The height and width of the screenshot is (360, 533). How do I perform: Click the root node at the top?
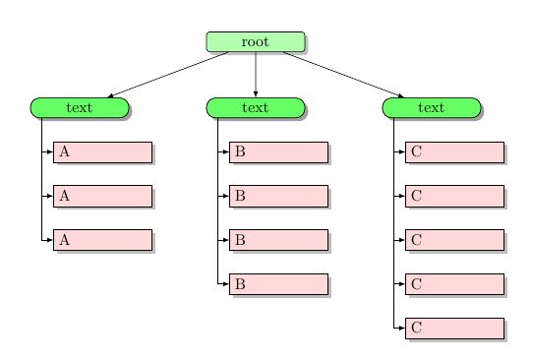[256, 41]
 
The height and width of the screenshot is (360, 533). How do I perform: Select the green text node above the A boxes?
[80, 107]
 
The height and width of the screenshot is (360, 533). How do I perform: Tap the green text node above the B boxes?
[256, 107]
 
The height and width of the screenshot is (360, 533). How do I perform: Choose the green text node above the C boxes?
[431, 107]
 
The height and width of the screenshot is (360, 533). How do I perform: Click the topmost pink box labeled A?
[102, 151]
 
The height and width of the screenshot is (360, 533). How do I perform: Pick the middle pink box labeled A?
[102, 196]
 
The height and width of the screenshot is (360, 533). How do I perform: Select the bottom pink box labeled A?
[102, 239]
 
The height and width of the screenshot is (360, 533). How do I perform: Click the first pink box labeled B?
[278, 151]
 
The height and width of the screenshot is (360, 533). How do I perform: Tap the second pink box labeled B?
[278, 196]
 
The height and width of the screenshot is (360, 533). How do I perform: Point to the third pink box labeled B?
[278, 239]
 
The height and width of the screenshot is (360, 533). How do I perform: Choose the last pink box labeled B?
[278, 283]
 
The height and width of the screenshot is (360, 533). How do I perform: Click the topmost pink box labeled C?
[454, 151]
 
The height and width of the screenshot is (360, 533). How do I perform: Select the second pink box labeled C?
[454, 196]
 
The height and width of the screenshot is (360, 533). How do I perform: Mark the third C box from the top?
[454, 239]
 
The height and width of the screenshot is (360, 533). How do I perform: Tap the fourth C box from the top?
[454, 283]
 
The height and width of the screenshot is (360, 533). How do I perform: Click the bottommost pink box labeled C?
[454, 328]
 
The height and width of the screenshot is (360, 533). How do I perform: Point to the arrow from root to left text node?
[167, 75]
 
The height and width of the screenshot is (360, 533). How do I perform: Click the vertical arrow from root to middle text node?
[256, 74]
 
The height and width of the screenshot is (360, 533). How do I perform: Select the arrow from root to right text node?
[344, 75]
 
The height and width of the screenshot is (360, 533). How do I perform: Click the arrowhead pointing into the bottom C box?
[401, 328]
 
